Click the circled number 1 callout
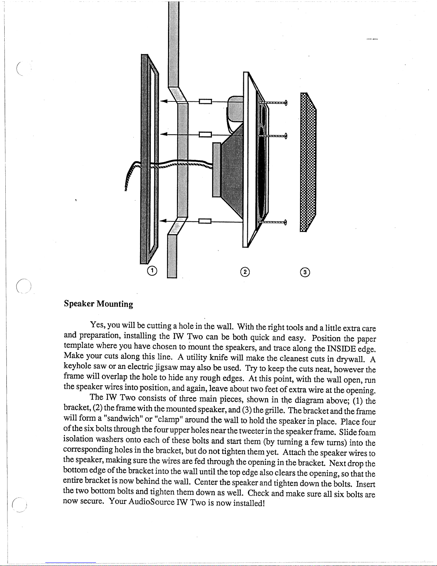click(152, 271)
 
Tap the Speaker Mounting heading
click(98, 304)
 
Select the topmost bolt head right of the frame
click(287, 103)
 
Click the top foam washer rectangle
click(205, 101)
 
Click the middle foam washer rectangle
click(205, 134)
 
